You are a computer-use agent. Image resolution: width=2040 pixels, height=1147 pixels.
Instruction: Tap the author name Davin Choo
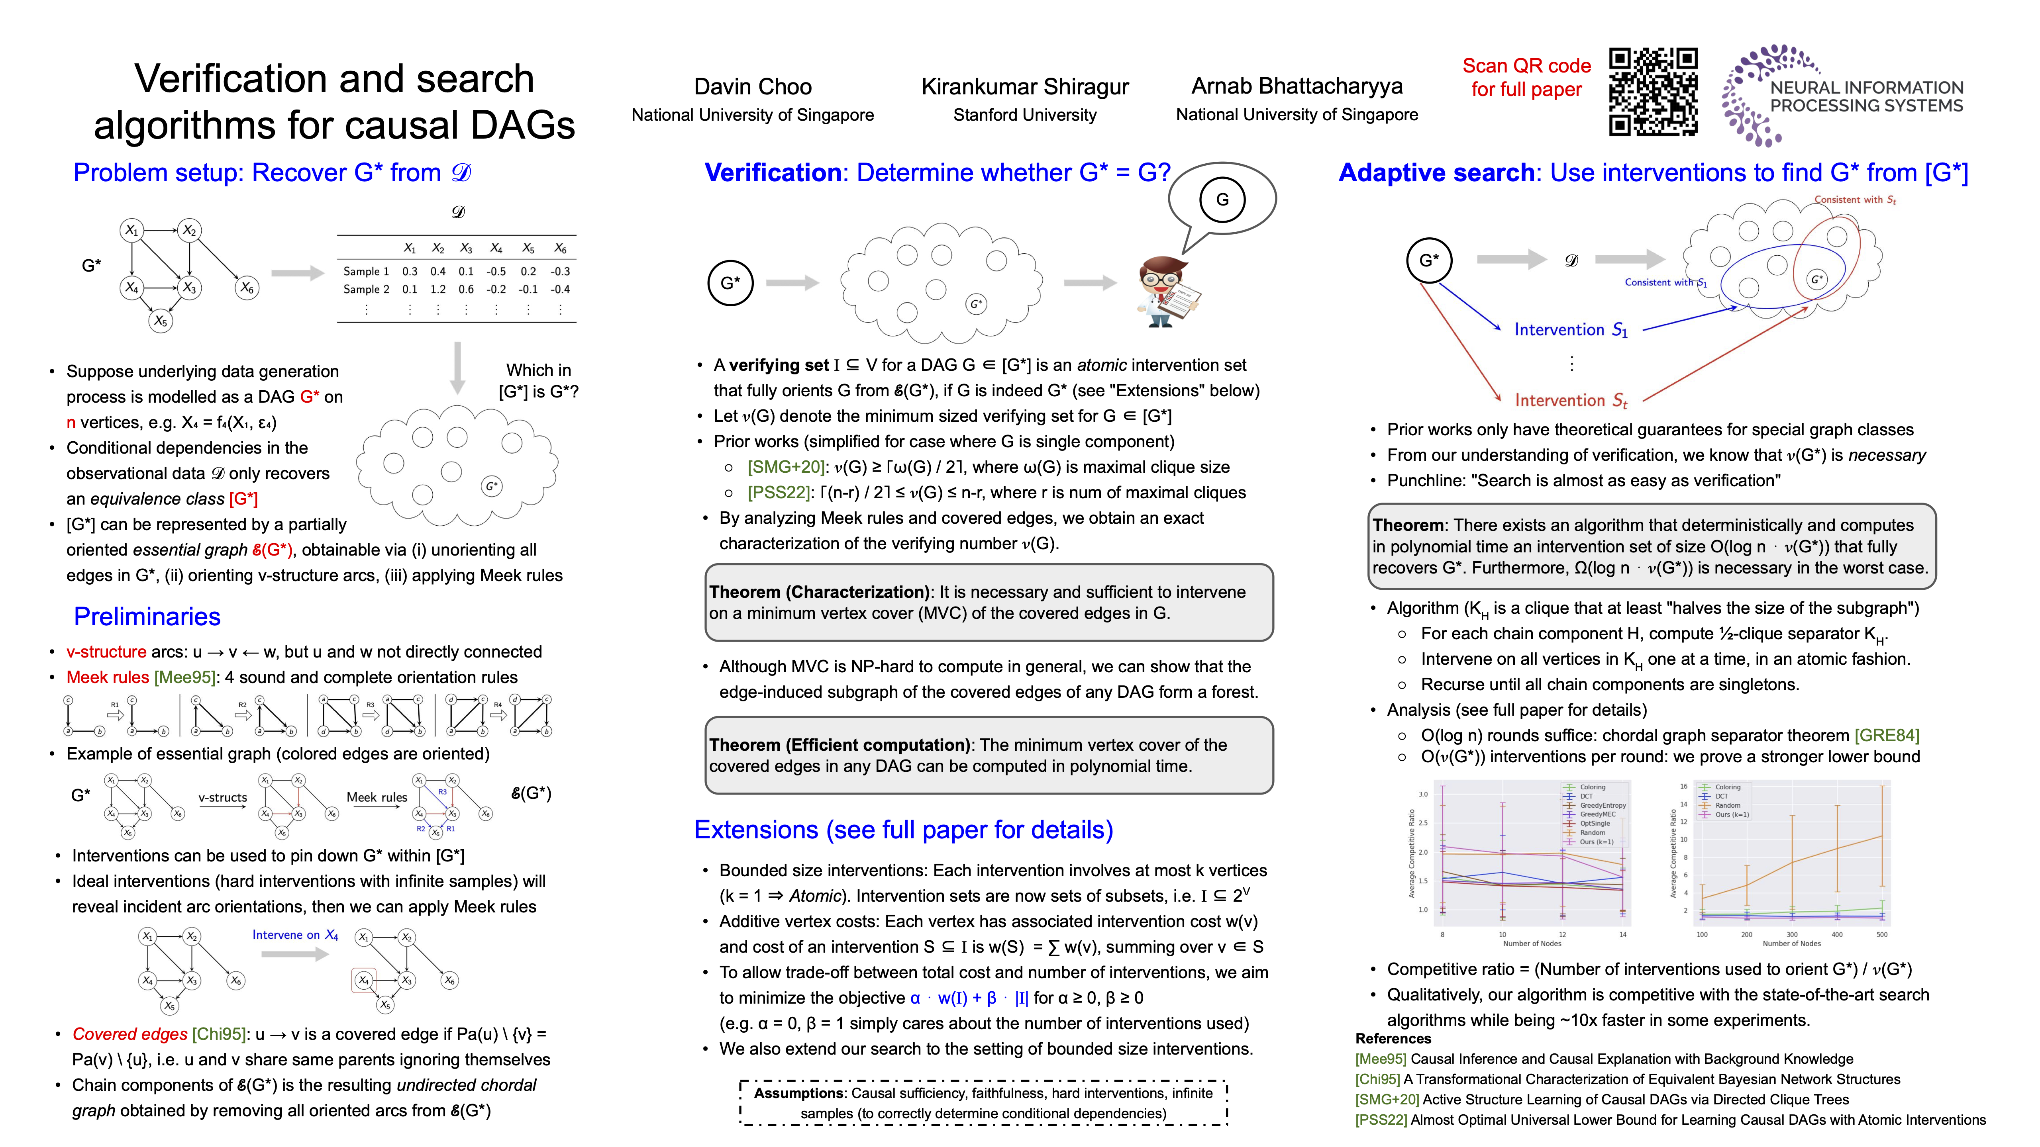(752, 86)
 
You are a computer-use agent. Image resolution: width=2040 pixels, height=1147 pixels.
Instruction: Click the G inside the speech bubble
(1222, 200)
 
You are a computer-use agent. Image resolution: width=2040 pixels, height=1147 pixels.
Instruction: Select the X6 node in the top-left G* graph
(247, 287)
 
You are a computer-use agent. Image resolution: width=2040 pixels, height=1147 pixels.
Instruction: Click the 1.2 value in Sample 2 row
(437, 290)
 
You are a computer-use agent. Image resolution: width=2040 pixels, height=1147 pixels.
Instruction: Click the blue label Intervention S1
(1570, 330)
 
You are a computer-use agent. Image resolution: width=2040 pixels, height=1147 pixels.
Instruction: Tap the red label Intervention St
(1570, 401)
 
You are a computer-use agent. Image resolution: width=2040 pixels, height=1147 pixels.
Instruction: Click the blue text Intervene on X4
(294, 935)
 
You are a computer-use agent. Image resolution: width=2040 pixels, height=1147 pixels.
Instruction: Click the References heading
(1393, 1039)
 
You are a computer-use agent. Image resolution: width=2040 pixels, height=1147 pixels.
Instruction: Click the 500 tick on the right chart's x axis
(1881, 935)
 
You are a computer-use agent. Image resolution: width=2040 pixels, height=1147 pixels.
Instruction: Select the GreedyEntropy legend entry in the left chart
(1603, 805)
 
